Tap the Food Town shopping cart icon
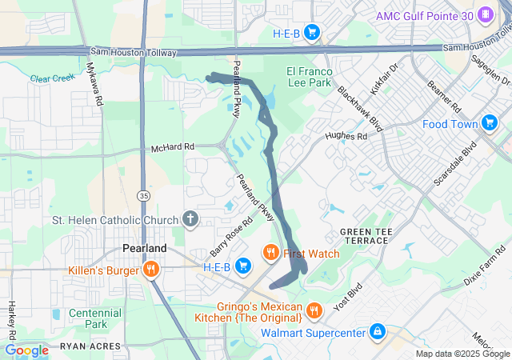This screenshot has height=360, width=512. click(490, 123)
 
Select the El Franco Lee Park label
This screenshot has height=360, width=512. click(308, 76)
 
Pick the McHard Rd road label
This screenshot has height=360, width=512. click(173, 148)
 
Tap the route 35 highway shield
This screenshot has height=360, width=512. click(143, 194)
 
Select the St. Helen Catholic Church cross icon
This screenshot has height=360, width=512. click(190, 218)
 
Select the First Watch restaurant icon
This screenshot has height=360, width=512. click(271, 254)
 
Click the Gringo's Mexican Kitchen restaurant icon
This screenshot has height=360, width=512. click(314, 310)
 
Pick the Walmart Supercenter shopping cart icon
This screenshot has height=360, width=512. click(377, 331)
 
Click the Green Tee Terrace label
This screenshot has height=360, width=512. click(366, 236)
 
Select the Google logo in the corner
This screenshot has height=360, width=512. click(26, 350)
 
